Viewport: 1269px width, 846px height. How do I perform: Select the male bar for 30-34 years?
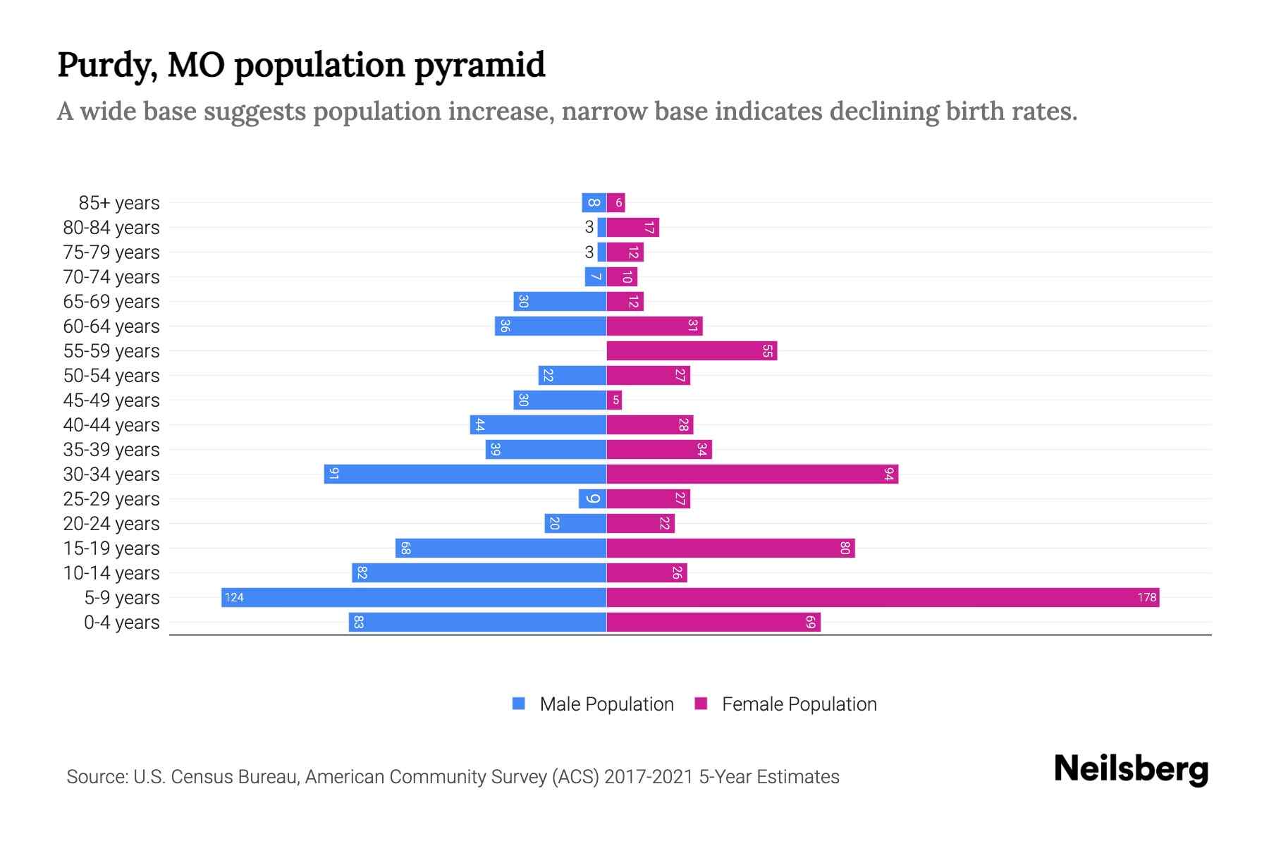(x=465, y=474)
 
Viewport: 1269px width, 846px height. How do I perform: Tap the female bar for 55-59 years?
(x=691, y=351)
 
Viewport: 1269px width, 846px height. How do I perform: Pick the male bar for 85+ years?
(x=594, y=203)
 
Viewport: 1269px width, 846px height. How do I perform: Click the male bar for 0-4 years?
(x=477, y=623)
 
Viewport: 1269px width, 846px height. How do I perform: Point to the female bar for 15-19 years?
(x=730, y=548)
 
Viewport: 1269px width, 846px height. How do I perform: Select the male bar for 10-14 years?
(x=479, y=573)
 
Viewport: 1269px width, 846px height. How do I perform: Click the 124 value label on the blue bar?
(x=234, y=598)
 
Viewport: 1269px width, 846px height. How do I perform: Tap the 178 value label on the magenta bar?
(x=1146, y=598)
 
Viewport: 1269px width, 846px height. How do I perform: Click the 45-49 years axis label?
(x=111, y=400)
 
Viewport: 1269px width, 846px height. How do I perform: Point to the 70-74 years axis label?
(x=111, y=277)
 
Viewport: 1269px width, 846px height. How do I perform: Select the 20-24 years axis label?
(x=111, y=524)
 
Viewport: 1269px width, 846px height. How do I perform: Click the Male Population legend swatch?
(x=519, y=704)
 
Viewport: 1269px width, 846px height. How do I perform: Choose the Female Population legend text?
(x=799, y=704)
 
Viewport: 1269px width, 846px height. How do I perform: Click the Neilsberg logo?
(x=1131, y=769)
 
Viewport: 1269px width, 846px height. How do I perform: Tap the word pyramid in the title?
(x=479, y=66)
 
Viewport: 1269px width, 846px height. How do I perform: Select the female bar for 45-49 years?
(x=614, y=400)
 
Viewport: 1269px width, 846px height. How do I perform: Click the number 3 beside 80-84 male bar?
(x=589, y=228)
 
